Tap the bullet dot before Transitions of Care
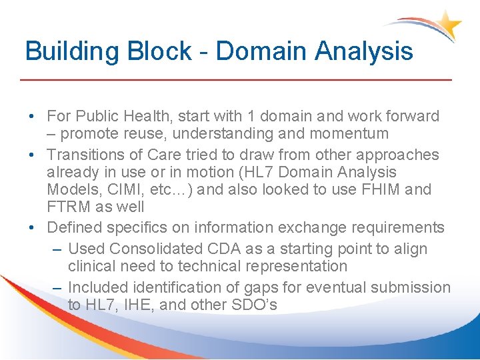pyautogui.click(x=33, y=155)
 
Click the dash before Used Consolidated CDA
pyautogui.click(x=58, y=249)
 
